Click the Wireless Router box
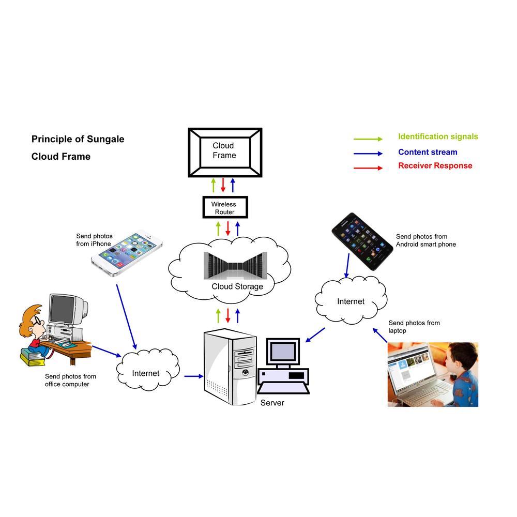coord(225,208)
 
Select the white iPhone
coord(127,254)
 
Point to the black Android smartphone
coord(362,240)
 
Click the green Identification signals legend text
coord(438,137)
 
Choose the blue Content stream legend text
coord(428,153)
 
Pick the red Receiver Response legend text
coord(435,166)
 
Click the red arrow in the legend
coord(368,168)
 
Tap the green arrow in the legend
coord(368,139)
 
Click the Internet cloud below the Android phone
coord(351,301)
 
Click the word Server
coord(272,403)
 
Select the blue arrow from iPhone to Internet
coord(126,315)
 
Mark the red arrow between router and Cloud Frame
coord(223,185)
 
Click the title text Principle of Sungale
coord(78,139)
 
